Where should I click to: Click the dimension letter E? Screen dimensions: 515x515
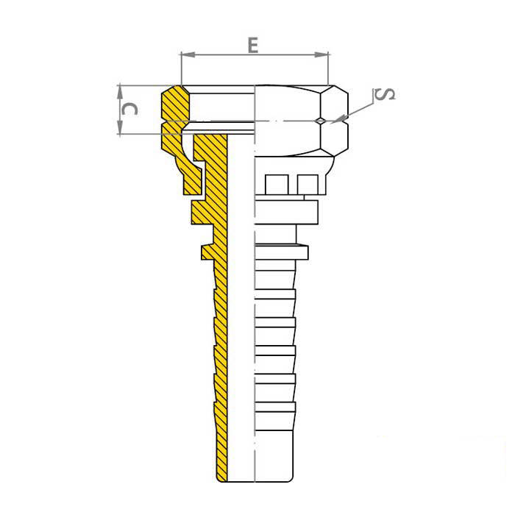pos(253,46)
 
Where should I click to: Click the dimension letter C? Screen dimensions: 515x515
pos(129,109)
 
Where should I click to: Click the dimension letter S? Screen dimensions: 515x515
pos(385,94)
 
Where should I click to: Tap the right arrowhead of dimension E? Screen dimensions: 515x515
pos(322,55)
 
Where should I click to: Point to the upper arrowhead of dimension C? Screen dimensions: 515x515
pos(120,92)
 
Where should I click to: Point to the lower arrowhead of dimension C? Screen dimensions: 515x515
pos(120,127)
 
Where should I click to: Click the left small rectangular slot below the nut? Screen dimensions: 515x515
pos(277,185)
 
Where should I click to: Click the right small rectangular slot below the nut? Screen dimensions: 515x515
pos(308,185)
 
